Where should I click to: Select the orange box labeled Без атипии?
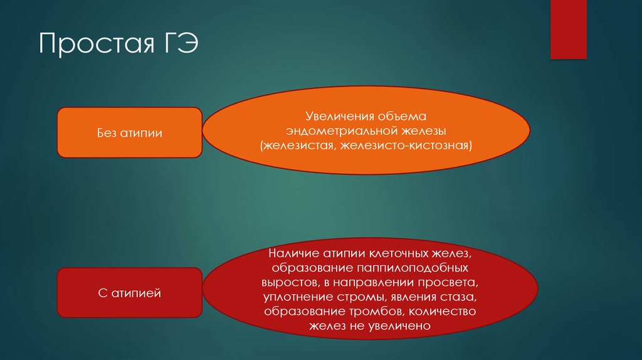(x=130, y=132)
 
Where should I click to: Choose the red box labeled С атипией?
(x=130, y=292)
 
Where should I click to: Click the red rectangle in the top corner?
(x=568, y=29)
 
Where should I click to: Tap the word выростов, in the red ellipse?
(x=295, y=283)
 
